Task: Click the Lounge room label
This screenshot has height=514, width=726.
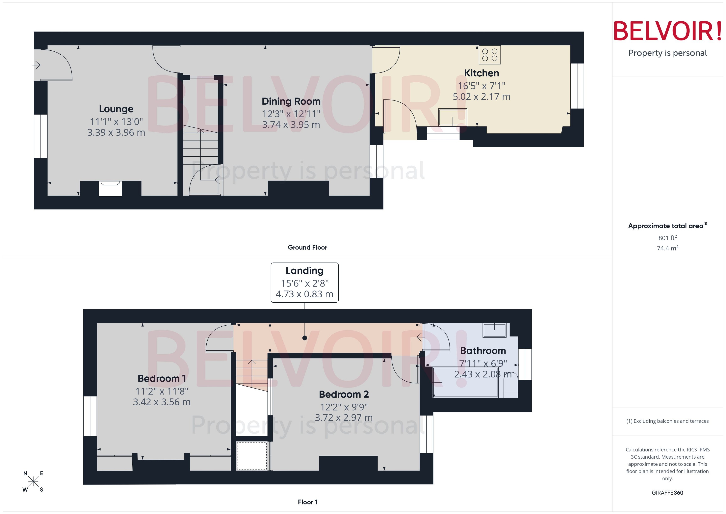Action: pos(116,109)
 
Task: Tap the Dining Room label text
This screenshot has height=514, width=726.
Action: pos(291,101)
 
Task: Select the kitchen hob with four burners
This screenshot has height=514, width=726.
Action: pos(489,55)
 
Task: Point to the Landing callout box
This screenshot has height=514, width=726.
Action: pos(304,282)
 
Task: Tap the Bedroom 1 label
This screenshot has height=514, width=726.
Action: pos(162,378)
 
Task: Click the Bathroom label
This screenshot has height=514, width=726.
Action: pos(483,351)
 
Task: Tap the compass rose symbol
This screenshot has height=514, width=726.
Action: pos(33,481)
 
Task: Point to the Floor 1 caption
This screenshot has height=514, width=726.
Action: pos(307,502)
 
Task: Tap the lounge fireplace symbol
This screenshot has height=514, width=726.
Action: pos(110,188)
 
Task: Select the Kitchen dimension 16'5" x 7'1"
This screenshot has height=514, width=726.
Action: pos(481,86)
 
